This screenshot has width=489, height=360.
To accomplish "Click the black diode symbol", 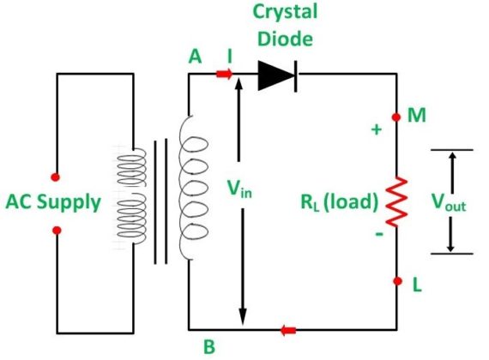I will pos(276,75).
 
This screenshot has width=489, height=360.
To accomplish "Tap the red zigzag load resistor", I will pos(396,201).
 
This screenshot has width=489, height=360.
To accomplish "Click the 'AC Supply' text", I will pos(53,203).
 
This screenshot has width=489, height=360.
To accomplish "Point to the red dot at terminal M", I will pos(396,116).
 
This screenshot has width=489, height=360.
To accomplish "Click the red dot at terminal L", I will pos(396,281).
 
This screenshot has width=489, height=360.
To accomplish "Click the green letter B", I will pos(207,347).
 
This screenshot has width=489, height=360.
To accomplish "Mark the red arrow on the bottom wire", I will pos(289,328).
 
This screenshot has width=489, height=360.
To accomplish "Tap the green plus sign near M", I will pos(374,130).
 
